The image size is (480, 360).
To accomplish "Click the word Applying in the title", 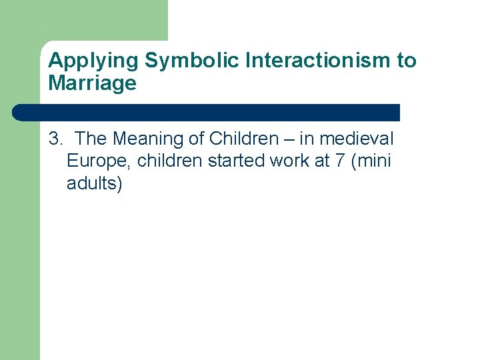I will point(94,61).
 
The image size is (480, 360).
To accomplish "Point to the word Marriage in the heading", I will point(92,83).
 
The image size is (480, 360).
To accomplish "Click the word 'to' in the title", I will point(407,61).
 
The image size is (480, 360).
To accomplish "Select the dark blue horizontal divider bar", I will point(207,112).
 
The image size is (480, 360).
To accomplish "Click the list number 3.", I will point(54,139).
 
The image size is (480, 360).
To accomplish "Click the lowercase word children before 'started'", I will point(169,161).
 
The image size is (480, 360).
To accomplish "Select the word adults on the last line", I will point(92,183).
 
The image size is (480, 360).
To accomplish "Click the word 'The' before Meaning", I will point(92,139).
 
